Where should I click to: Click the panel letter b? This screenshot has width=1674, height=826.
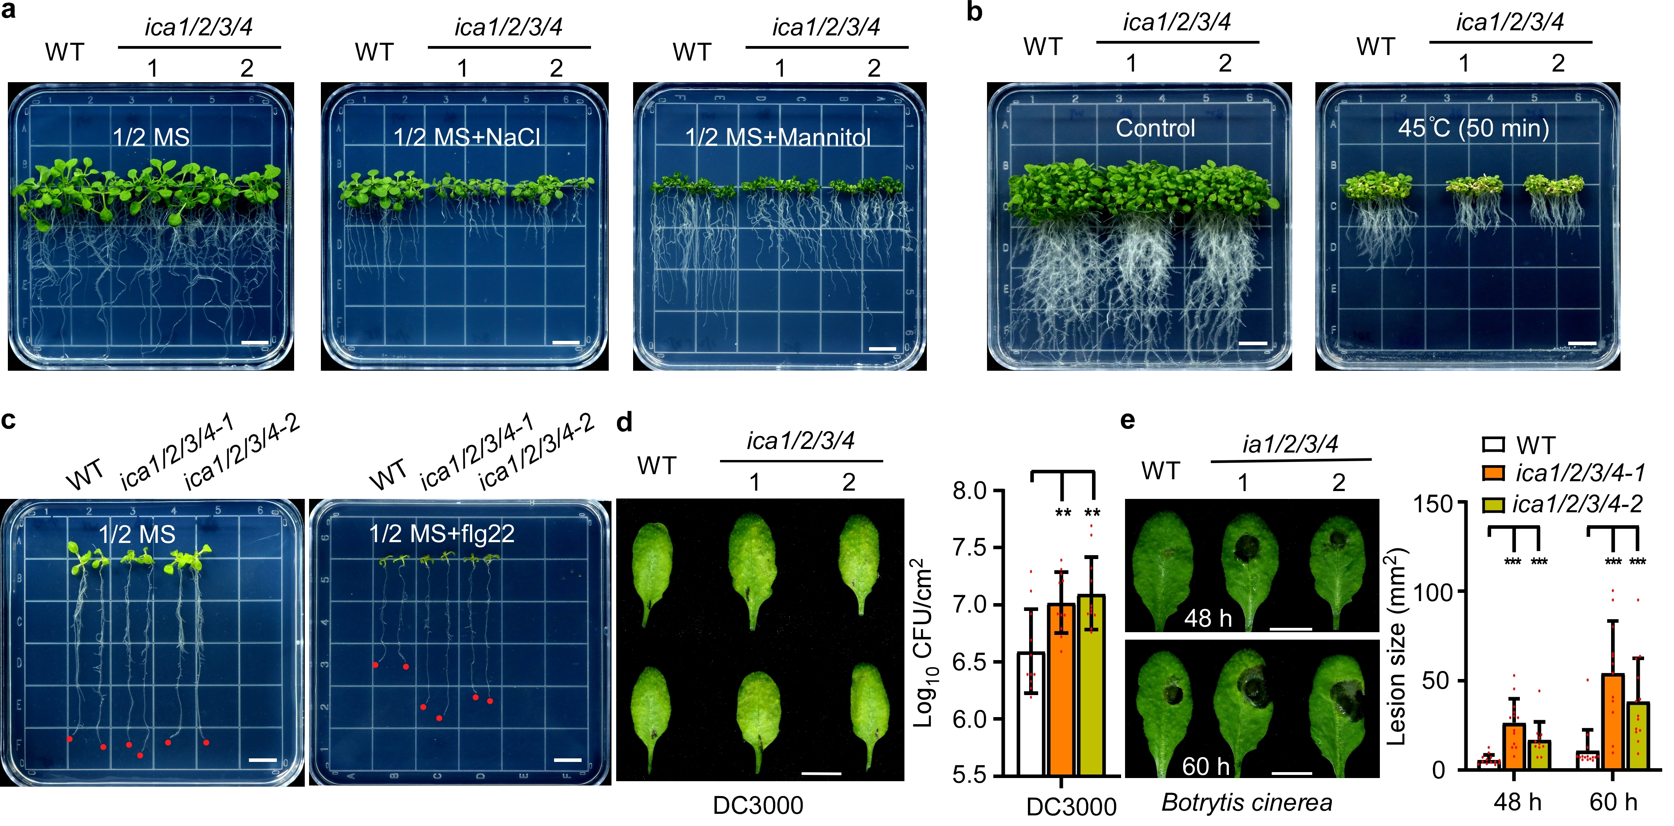click(974, 12)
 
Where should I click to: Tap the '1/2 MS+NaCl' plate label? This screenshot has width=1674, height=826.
click(467, 137)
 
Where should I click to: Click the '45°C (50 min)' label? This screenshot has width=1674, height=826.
click(1473, 128)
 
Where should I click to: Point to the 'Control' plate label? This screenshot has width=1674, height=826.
click(1155, 128)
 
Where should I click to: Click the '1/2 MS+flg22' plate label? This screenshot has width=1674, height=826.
click(442, 533)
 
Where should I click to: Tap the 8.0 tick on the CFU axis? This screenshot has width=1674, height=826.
click(972, 491)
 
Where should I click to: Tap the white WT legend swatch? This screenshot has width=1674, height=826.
click(1494, 445)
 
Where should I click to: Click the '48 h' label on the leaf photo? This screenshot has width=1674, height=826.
click(1207, 617)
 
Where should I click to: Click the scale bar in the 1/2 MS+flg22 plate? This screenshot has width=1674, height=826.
click(567, 760)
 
